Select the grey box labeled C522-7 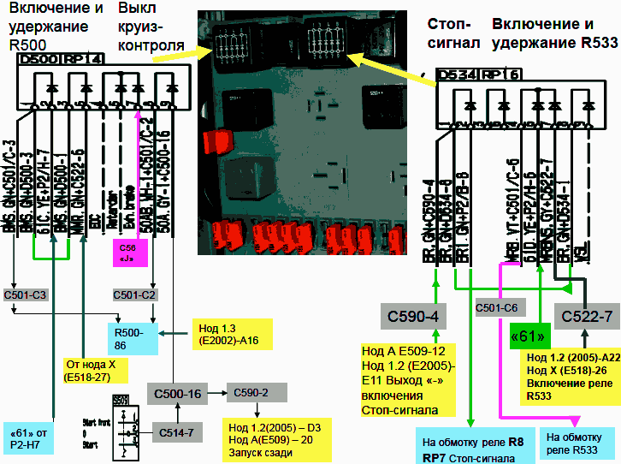(587, 316)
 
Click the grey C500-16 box (178, 393)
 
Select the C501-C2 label (133, 294)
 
